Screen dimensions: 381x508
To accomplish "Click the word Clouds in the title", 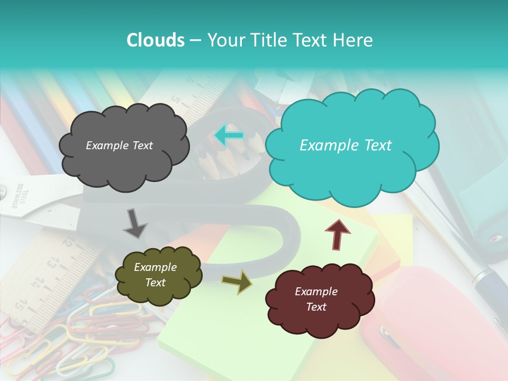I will pos(156,40).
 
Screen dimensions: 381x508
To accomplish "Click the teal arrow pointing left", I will pos(229,135).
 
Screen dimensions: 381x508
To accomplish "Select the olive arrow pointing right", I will pos(237,282).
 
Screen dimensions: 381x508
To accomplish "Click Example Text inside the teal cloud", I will pos(346,146).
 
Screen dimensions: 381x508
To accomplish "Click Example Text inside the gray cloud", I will pos(119,146).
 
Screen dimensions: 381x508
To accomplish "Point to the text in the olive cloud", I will pos(155,275).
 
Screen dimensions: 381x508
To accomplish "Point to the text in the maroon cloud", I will pos(316,299).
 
